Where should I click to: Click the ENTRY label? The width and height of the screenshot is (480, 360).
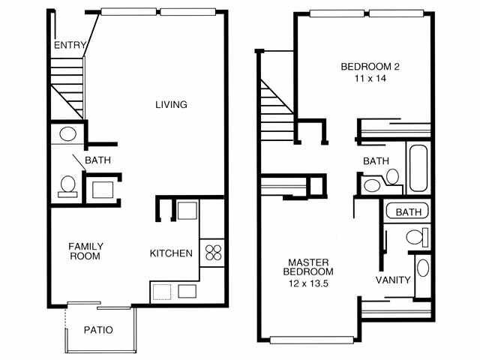[70, 45]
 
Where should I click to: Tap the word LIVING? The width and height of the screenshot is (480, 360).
[171, 105]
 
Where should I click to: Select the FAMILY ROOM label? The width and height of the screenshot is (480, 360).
[85, 251]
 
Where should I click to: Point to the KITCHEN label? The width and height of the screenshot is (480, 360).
[171, 253]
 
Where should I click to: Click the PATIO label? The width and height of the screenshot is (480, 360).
[98, 330]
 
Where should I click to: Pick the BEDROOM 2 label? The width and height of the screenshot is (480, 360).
[370, 67]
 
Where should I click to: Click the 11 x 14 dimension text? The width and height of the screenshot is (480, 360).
[370, 78]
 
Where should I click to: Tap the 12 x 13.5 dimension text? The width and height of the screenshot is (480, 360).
[308, 283]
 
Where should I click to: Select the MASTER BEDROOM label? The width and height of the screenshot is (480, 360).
[308, 267]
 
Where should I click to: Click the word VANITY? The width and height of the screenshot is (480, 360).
[393, 280]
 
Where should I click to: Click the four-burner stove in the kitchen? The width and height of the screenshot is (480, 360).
[213, 253]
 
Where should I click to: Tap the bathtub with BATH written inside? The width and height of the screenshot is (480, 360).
[407, 211]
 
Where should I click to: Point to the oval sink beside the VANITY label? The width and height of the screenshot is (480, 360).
[423, 268]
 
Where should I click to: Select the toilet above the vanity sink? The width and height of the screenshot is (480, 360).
[417, 237]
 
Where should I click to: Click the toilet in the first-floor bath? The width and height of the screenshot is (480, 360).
[67, 187]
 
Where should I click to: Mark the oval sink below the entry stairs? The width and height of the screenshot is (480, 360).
[67, 134]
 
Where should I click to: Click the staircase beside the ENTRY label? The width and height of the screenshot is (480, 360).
[67, 88]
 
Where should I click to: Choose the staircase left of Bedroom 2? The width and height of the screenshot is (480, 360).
[277, 110]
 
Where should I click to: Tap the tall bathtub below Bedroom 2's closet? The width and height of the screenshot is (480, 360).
[418, 168]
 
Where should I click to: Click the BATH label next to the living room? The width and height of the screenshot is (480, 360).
[98, 160]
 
